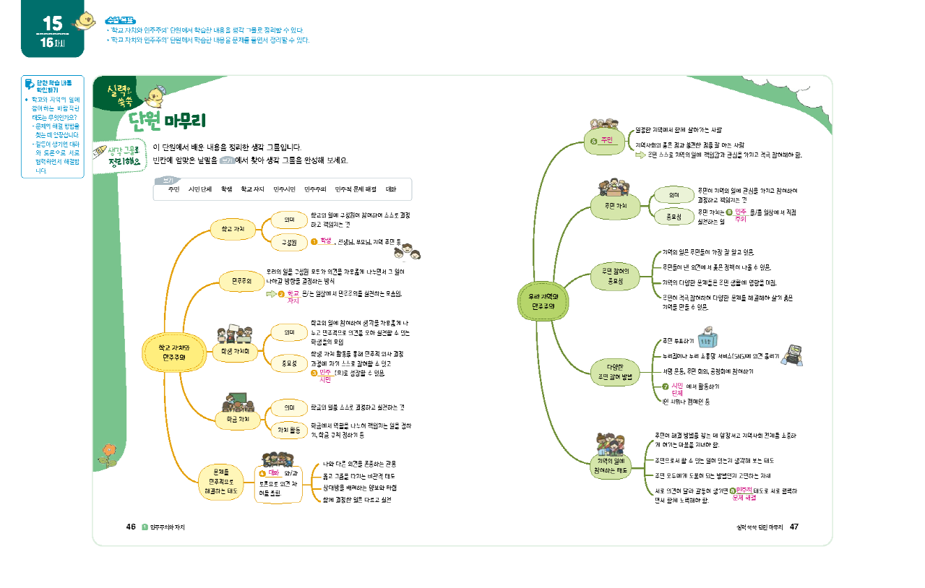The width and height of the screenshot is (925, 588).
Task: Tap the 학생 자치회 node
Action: [236, 351]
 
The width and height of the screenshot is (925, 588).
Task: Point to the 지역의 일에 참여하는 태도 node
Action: [615, 465]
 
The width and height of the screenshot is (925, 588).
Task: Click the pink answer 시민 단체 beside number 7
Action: [677, 389]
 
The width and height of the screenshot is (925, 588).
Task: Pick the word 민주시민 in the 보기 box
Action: [284, 189]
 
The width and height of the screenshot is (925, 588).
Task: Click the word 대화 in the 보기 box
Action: [390, 189]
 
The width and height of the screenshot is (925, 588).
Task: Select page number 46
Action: [131, 527]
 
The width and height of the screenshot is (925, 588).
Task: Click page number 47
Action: [793, 527]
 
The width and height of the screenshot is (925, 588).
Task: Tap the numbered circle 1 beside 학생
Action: [315, 242]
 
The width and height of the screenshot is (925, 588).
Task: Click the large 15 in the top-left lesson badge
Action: [52, 22]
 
